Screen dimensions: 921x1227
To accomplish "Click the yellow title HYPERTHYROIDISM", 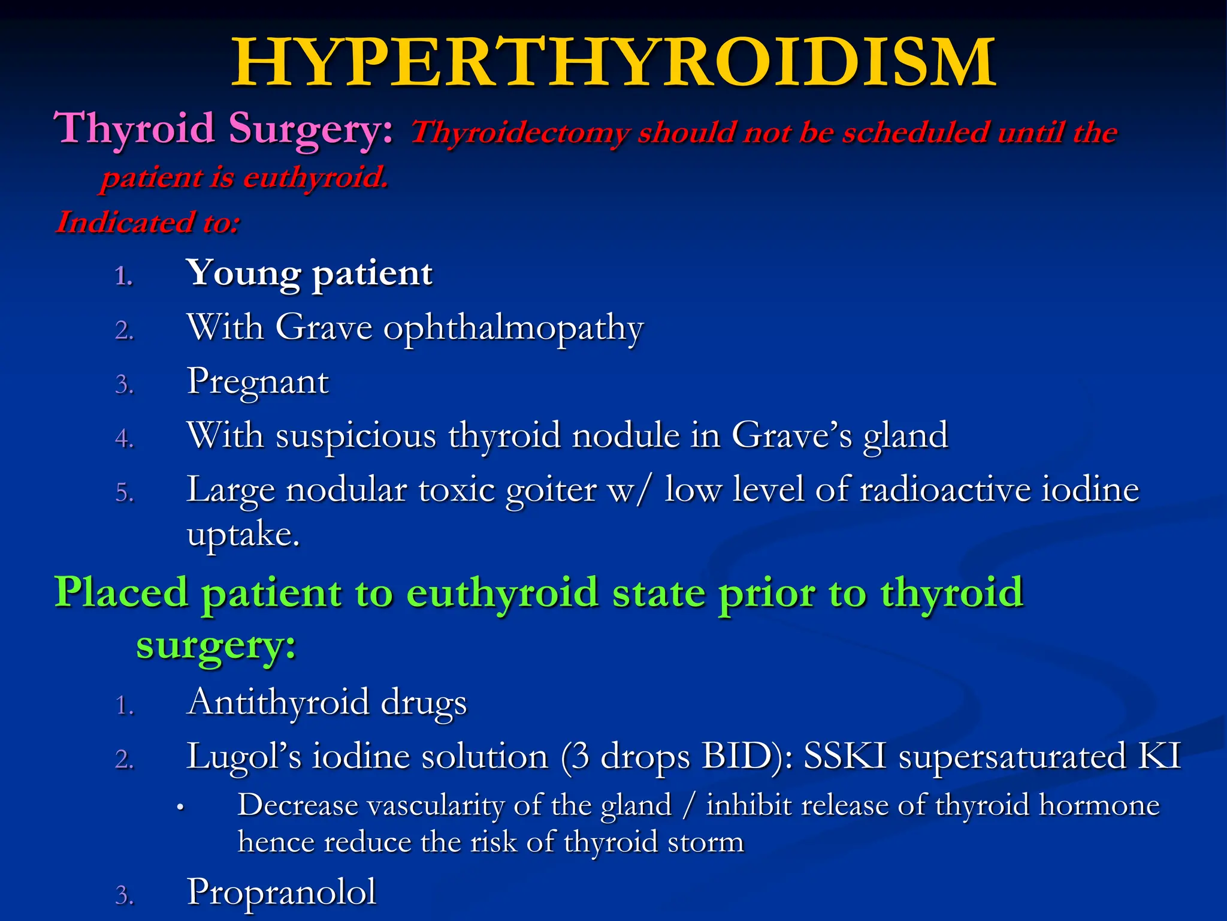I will coord(613,62).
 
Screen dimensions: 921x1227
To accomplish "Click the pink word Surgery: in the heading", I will coord(311,129).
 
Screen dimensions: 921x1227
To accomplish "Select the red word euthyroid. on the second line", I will coord(316,178).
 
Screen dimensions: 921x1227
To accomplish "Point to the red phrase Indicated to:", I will coord(148,222).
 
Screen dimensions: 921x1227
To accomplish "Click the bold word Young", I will coord(243,274).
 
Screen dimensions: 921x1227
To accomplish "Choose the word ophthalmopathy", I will coord(513,329).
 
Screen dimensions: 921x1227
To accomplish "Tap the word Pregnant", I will coord(258,383).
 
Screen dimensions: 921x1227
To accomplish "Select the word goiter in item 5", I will coord(551,490).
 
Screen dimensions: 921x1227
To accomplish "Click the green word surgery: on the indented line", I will coord(216,646).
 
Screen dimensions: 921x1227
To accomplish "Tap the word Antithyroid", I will coord(278,702).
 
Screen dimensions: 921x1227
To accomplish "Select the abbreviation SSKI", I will coord(844,756).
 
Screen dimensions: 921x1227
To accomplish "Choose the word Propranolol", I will coord(282,892).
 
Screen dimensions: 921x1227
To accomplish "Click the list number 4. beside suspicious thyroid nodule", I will coord(124,439).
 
